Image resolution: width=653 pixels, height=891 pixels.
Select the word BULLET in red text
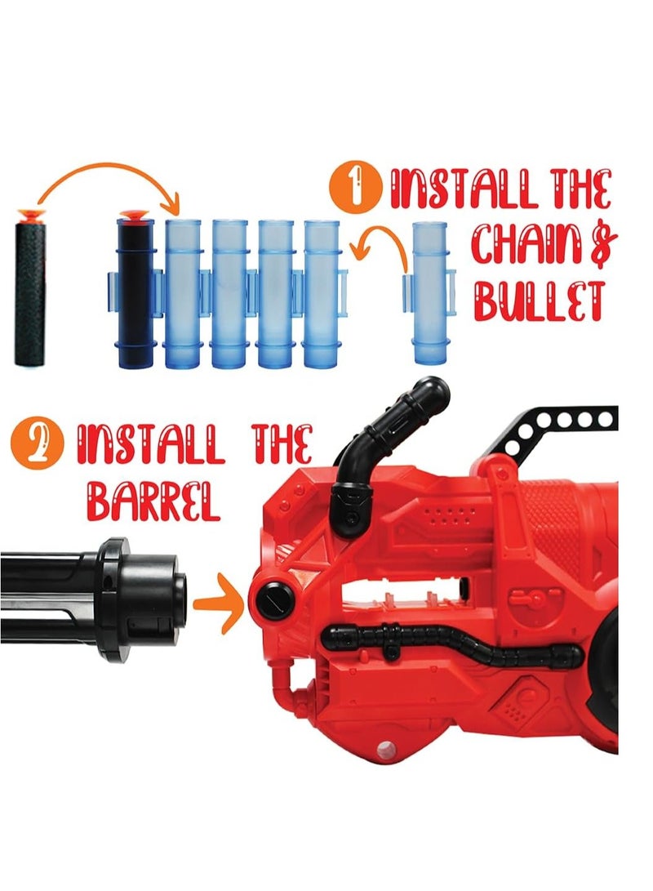539,301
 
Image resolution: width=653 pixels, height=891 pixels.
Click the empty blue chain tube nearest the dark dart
182,294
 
